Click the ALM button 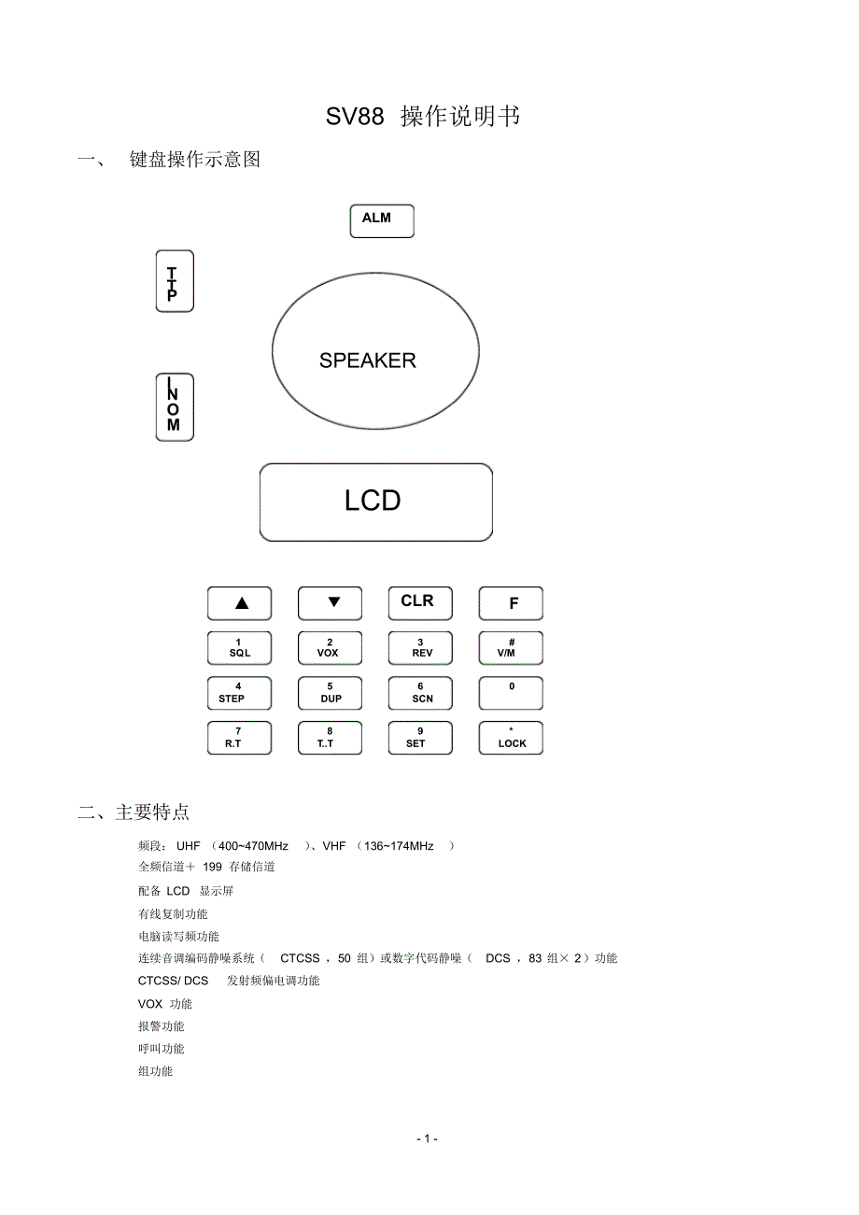pos(382,220)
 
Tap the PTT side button pos(174,281)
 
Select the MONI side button pos(174,407)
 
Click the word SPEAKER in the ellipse pos(367,360)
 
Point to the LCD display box pos(375,502)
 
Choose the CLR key pos(420,602)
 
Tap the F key pos(511,603)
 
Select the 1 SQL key pos(239,648)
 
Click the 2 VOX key pos(330,648)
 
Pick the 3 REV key pos(420,648)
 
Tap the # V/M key pos(511,648)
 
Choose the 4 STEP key pos(239,693)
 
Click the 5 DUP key pos(330,693)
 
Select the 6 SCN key pos(420,693)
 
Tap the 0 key pos(511,693)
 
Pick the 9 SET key pos(420,738)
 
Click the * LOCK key pos(511,738)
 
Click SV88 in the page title pos(355,117)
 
